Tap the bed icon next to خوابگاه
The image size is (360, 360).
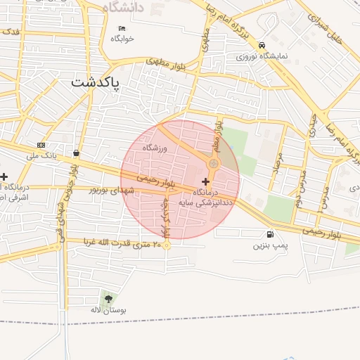click(x=122, y=29)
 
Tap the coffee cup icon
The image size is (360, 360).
click(x=75, y=153)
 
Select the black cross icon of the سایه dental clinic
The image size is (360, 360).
click(x=205, y=182)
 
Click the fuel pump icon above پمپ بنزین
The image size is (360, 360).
click(x=269, y=235)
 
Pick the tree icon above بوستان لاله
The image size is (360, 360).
click(x=108, y=298)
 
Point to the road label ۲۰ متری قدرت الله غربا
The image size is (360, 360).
click(x=123, y=243)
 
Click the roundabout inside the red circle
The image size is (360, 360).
click(x=213, y=164)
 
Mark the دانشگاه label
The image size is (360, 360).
click(x=122, y=7)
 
